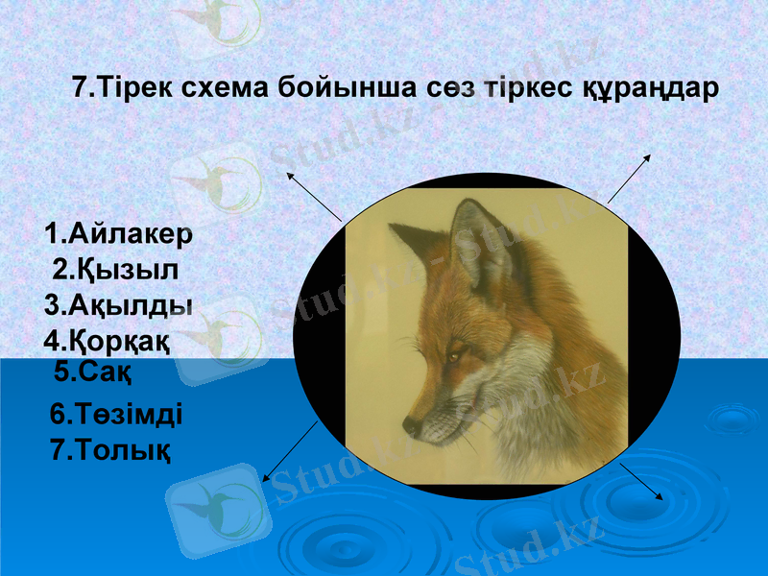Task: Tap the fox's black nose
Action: pyautogui.click(x=410, y=423)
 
